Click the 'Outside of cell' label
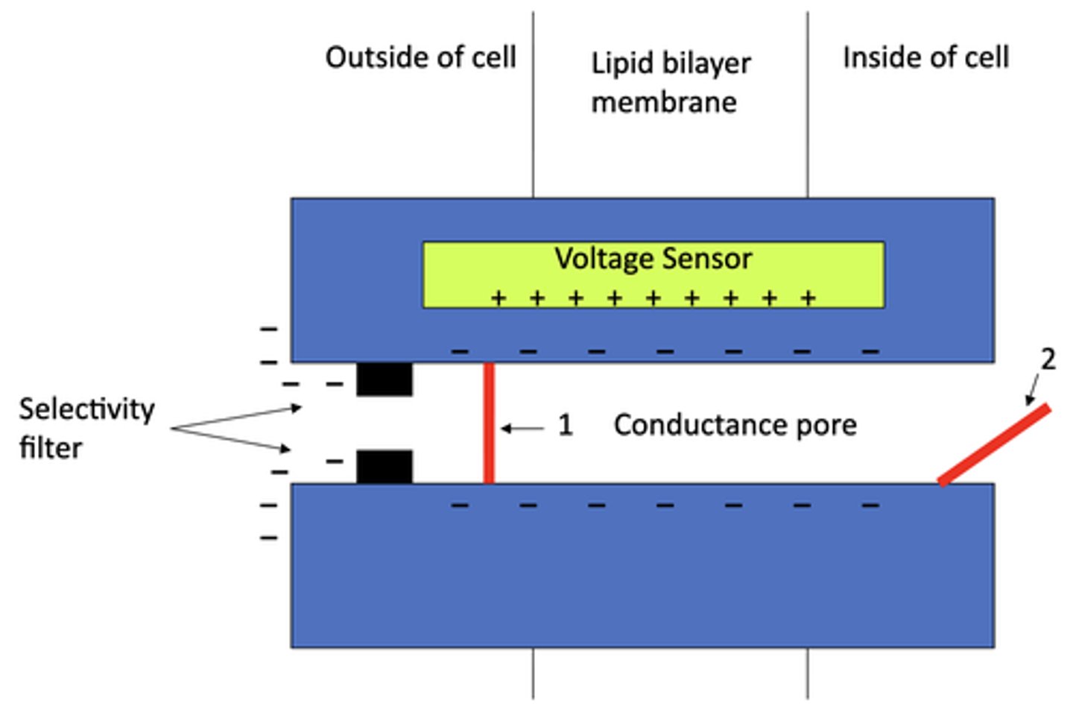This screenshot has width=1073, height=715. pos(420,57)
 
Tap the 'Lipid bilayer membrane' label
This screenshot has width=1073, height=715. pos(670,82)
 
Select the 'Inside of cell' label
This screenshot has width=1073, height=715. pos(925,57)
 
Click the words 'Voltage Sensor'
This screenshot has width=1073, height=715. pos(653,259)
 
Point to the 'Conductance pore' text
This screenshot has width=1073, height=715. pos(735,425)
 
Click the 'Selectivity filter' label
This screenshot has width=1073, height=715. pos(86,428)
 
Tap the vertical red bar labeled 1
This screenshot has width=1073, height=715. pos(489,423)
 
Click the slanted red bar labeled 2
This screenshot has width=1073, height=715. pos(994,445)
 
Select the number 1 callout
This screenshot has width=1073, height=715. pos(565,425)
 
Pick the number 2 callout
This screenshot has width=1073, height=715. pos(1048,359)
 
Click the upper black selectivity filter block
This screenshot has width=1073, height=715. pos(384,379)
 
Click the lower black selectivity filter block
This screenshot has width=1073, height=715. pos(384,467)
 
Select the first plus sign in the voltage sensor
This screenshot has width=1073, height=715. pos(498,299)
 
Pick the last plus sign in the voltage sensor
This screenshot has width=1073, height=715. pos(808,299)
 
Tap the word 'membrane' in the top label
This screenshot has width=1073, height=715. pos(664,102)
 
